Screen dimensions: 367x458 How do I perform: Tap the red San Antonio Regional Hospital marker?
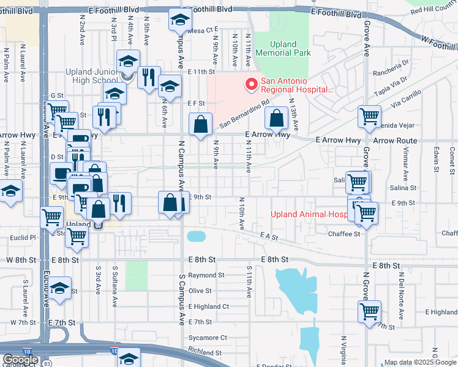[x=250, y=84]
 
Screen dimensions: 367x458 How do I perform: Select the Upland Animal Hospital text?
[x=309, y=214]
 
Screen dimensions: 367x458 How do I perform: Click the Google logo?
[x=20, y=360]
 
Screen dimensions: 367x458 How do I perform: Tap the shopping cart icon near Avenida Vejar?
[x=370, y=117]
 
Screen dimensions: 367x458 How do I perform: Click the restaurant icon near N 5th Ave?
[x=149, y=78]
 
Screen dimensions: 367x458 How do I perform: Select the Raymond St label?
[x=203, y=275]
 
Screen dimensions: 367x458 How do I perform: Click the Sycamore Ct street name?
[x=207, y=337]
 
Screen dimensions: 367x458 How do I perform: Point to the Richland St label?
[x=205, y=353]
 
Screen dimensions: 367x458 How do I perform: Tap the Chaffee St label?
[x=344, y=234]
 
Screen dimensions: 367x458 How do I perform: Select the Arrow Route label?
[x=395, y=141]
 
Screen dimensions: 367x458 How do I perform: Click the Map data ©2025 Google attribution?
[x=419, y=362]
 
